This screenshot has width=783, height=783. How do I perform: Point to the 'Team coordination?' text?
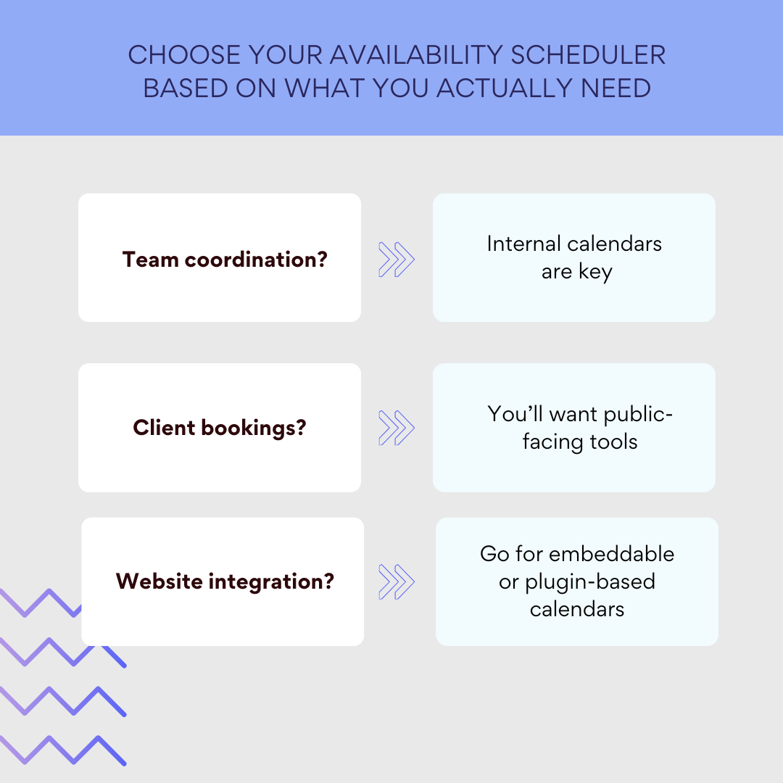pyautogui.click(x=225, y=259)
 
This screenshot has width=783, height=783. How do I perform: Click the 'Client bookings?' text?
pyautogui.click(x=220, y=427)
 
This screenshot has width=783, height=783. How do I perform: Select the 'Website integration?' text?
pyautogui.click(x=225, y=581)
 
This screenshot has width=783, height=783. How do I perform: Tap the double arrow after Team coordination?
pyautogui.click(x=397, y=259)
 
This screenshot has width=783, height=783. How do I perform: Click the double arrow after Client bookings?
pyautogui.click(x=397, y=428)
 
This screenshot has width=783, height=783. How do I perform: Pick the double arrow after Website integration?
pyautogui.click(x=397, y=581)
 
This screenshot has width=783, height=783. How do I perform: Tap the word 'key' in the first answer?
pyautogui.click(x=595, y=273)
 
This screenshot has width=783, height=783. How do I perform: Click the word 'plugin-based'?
pyautogui.click(x=590, y=581)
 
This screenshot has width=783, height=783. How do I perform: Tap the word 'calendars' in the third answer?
pyautogui.click(x=577, y=608)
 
